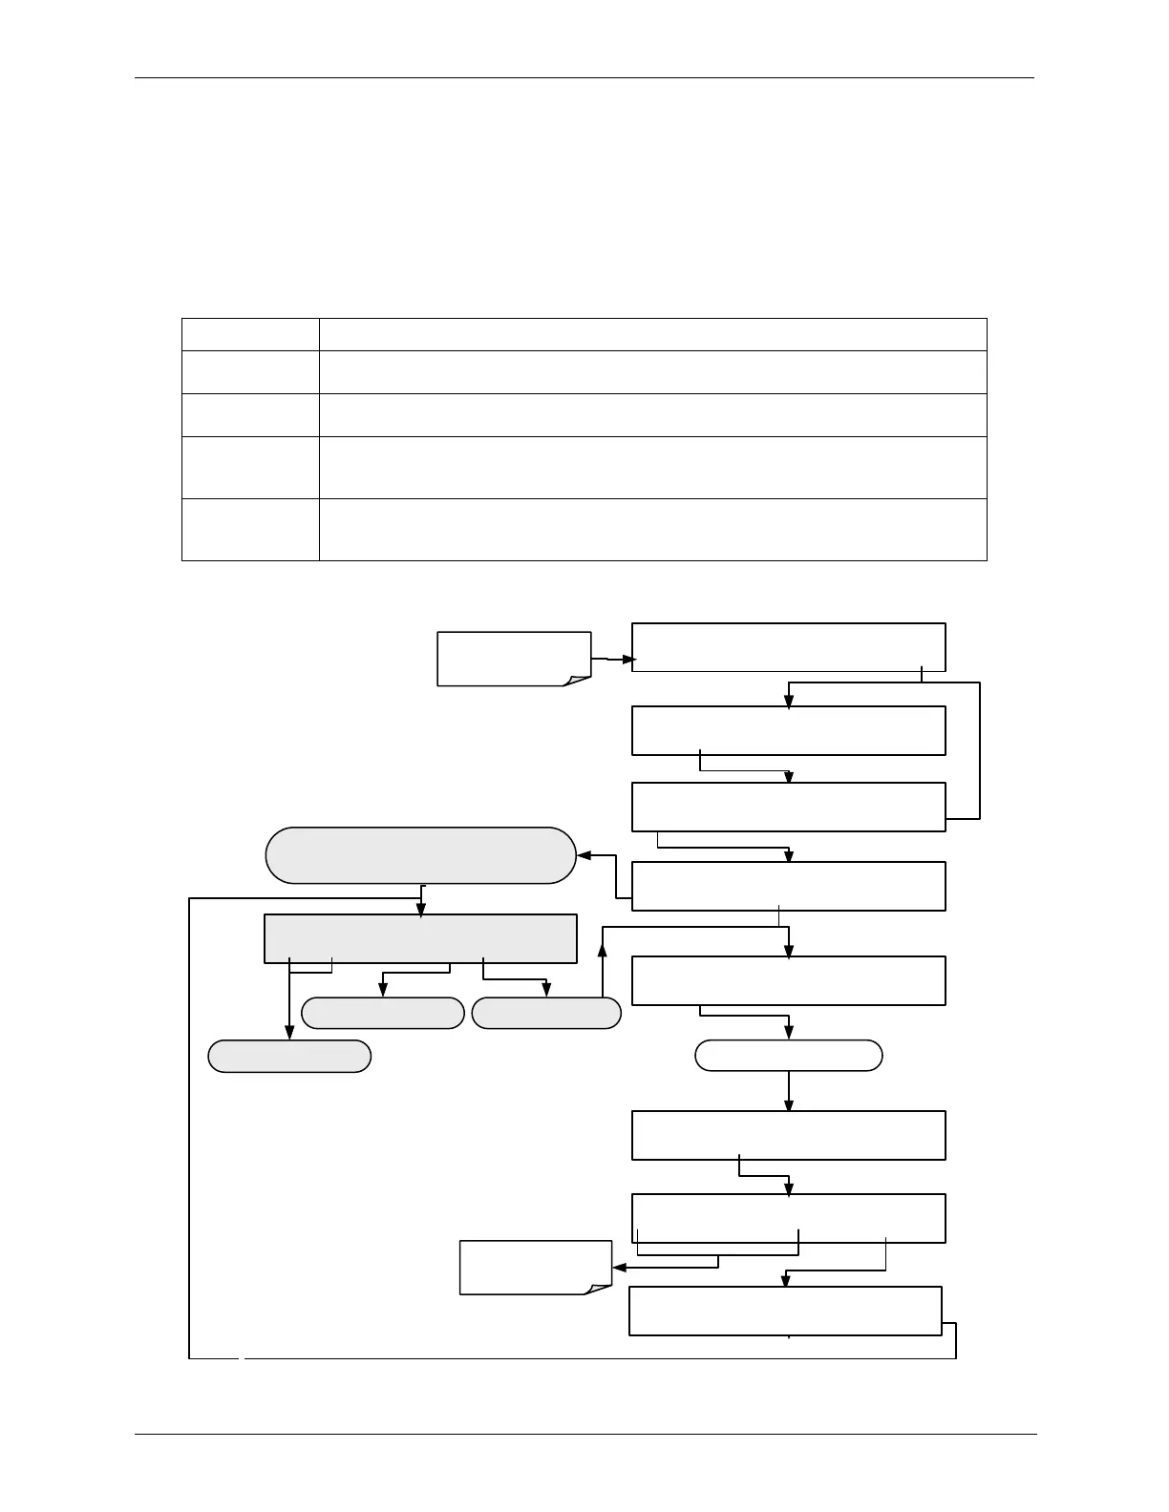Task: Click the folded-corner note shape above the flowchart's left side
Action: tap(514, 658)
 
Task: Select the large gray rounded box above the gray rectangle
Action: tap(421, 855)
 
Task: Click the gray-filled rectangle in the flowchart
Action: tap(420, 938)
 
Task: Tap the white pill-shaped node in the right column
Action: tap(789, 1056)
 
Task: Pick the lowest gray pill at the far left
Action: tap(289, 1057)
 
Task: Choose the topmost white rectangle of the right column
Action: tap(789, 647)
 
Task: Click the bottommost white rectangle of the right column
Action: tap(785, 1311)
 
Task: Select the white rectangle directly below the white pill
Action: tap(789, 1135)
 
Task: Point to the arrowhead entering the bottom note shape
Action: tap(619, 1268)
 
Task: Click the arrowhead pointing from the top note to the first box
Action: tap(627, 660)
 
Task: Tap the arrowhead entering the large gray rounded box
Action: tap(584, 855)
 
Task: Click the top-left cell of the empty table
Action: tap(250, 333)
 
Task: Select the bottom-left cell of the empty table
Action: tap(250, 529)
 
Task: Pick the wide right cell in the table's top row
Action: tap(652, 333)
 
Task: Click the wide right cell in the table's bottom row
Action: tap(652, 529)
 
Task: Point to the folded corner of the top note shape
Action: tap(579, 680)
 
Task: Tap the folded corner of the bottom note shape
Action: tap(599, 1289)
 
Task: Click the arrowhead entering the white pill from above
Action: tap(789, 1034)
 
